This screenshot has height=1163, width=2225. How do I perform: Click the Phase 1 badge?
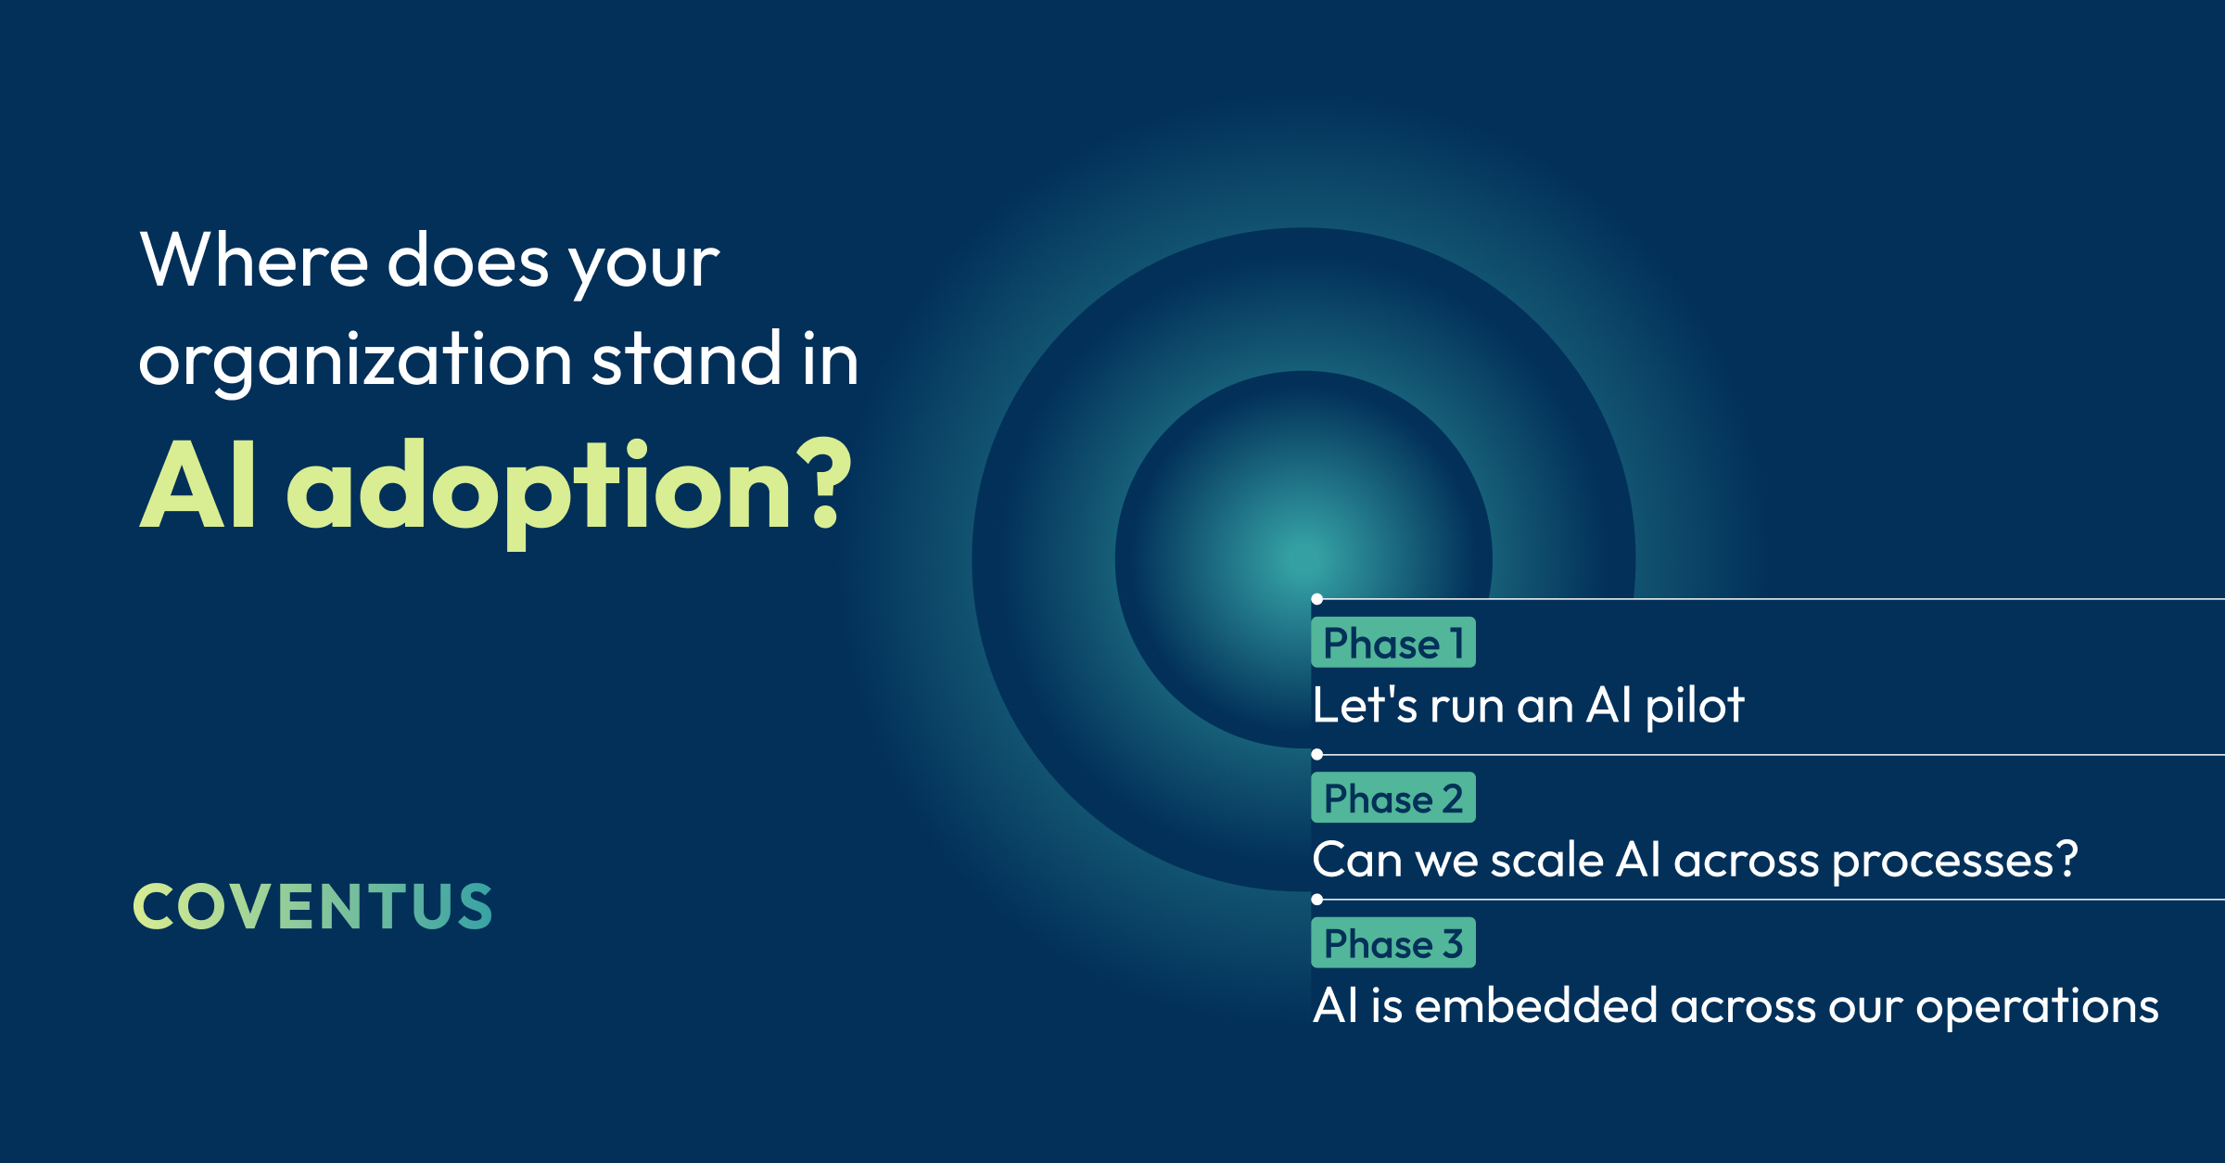[x=1392, y=642]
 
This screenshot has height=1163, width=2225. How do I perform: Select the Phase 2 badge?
[x=1392, y=798]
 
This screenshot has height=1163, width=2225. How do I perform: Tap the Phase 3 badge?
[x=1392, y=942]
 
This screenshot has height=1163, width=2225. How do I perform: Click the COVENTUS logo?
[x=313, y=906]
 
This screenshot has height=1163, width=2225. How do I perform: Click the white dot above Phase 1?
[x=1316, y=599]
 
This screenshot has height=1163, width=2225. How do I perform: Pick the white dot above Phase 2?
[x=1316, y=755]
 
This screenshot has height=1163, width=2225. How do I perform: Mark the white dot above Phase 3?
[x=1316, y=900]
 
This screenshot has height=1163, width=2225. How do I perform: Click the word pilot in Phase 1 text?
[x=1695, y=707]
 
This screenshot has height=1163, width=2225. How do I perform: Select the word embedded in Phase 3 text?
[x=1536, y=1005]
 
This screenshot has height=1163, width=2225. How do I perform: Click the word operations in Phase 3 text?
[x=2037, y=1009]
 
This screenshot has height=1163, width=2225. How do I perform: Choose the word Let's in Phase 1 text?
[x=1365, y=705]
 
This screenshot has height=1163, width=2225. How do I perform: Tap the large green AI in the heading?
[x=197, y=483]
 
